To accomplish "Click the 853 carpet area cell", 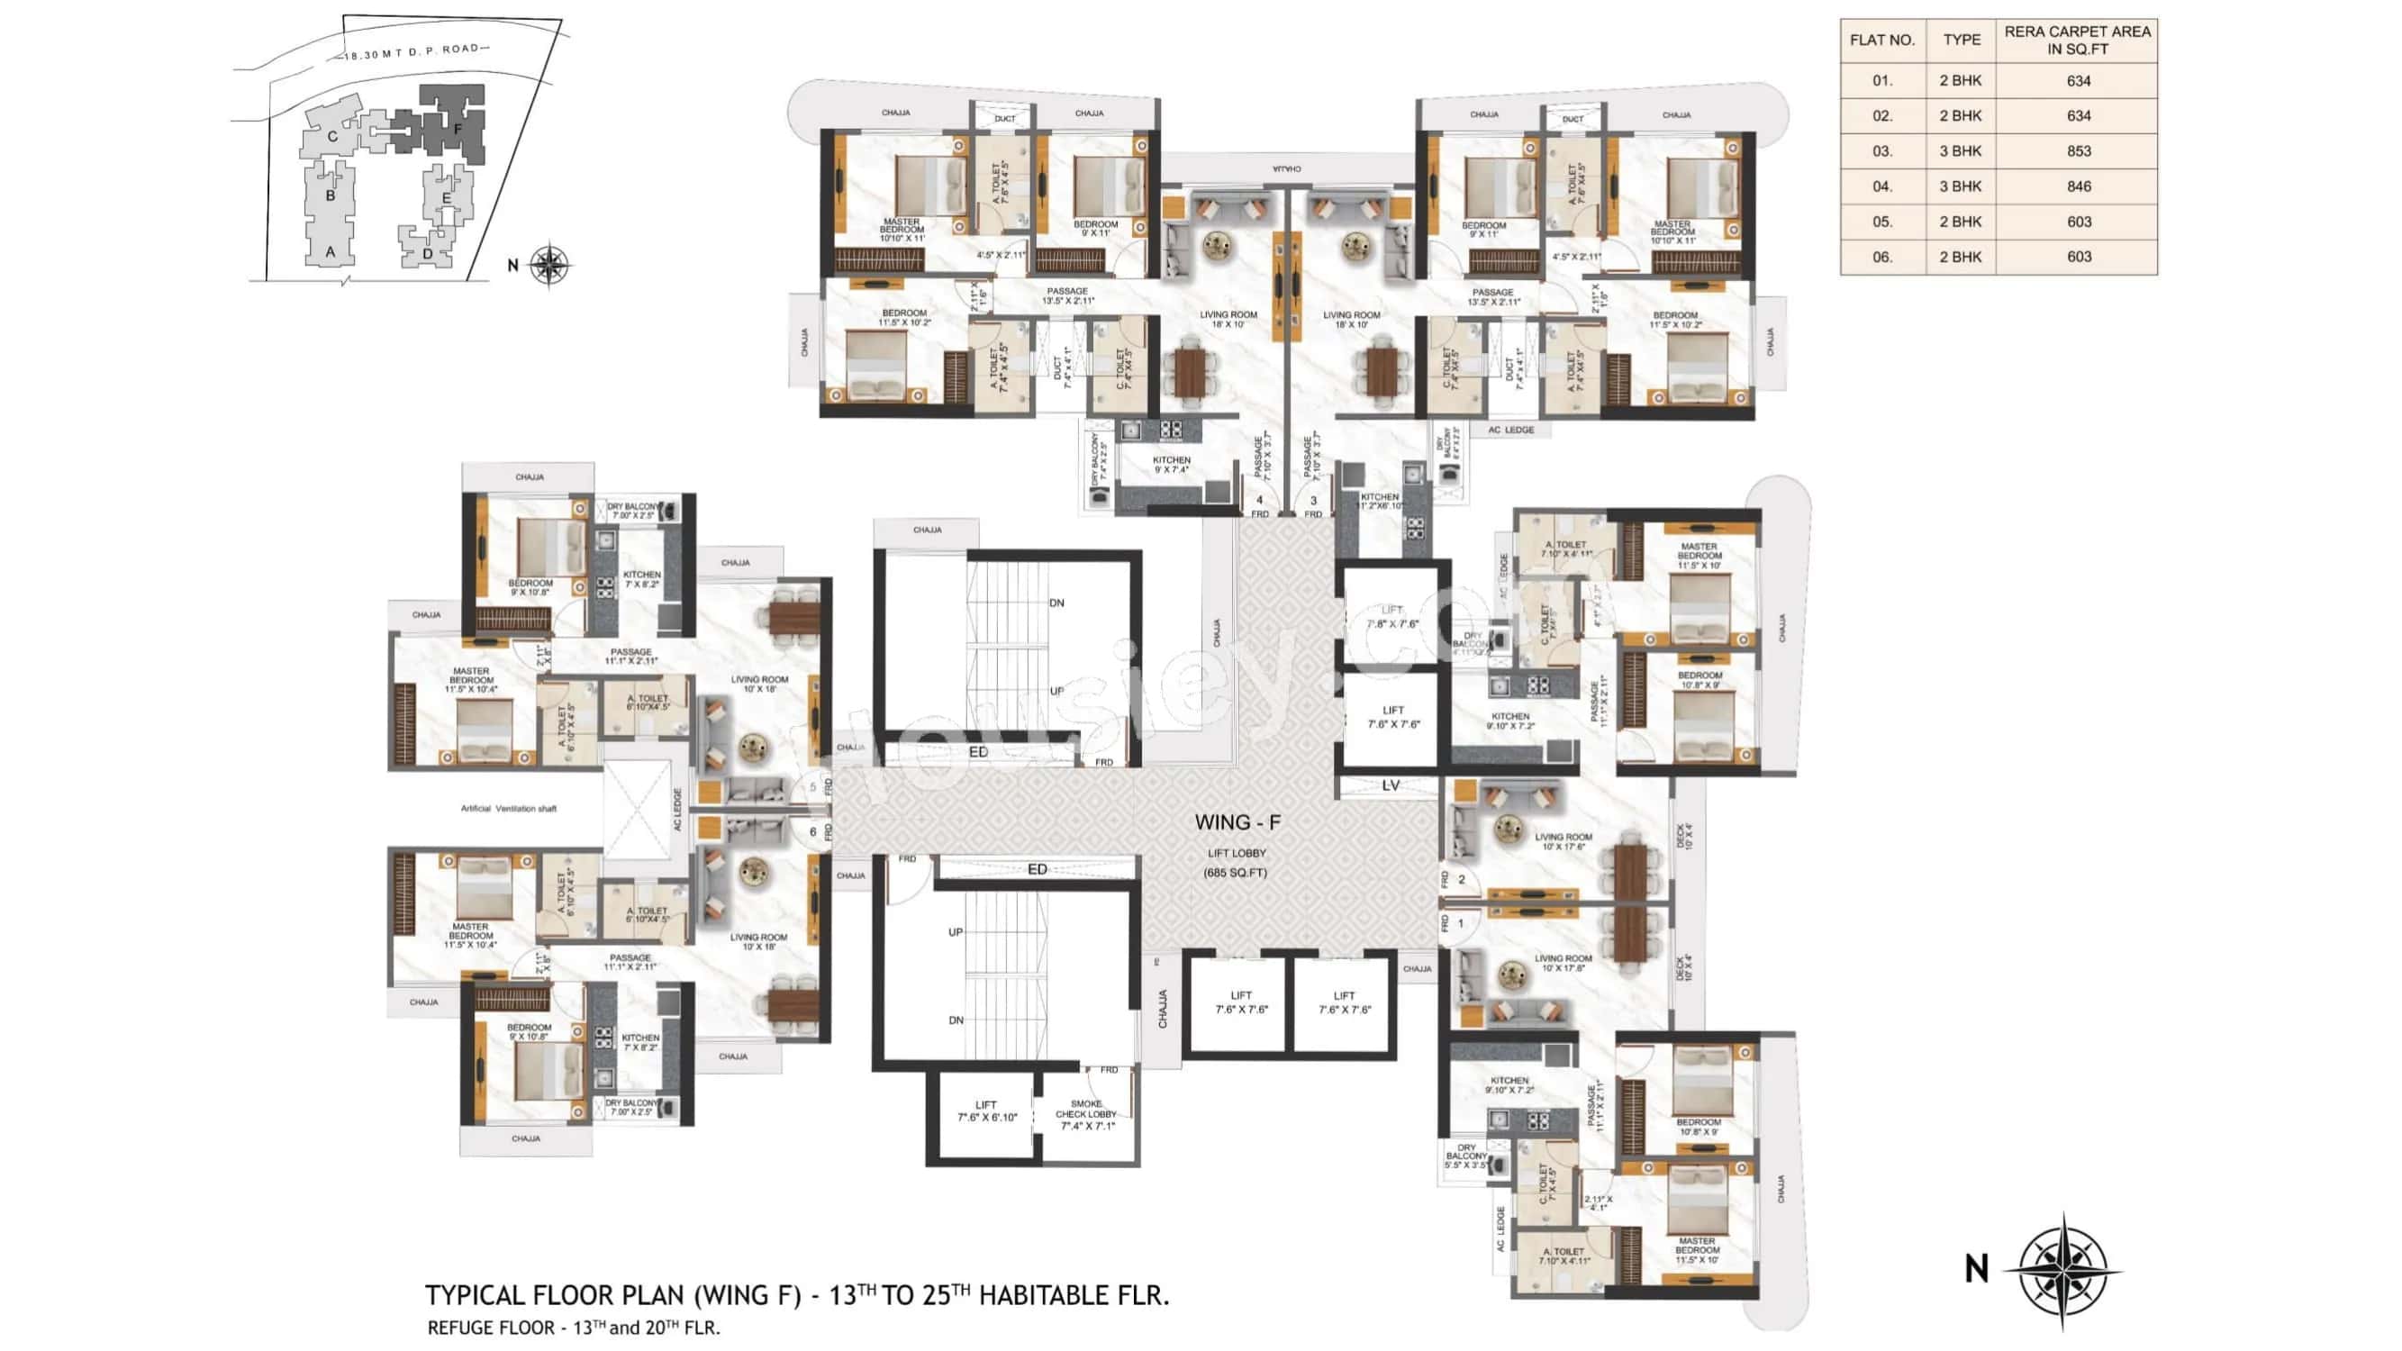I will coord(2079,151).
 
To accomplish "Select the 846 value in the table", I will coord(2079,186).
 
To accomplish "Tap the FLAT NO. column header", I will coord(1881,41).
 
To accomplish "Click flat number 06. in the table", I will coord(1881,258).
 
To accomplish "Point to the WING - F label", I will coord(1237,822).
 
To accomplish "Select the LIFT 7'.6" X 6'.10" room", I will coord(986,1111).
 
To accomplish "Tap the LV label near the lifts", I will coord(1391,786).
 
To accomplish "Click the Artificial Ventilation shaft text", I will coord(508,809).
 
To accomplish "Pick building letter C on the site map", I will coord(332,137).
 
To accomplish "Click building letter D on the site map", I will coord(427,254).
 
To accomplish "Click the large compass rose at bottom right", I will coord(2062,1270).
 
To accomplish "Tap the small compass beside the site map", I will coord(550,265).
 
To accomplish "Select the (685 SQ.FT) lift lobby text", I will coord(1235,874).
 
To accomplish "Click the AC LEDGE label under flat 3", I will coord(1510,430).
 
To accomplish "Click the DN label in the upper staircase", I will coord(1056,603).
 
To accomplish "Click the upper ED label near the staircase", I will coord(978,751).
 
